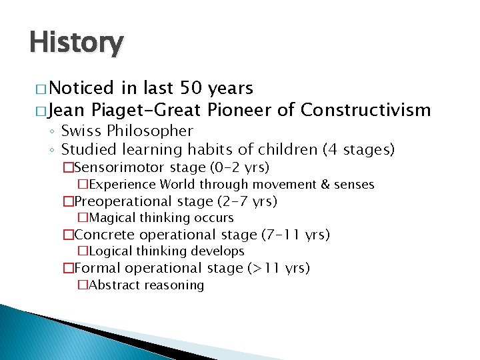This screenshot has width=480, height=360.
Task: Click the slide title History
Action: pos(76,43)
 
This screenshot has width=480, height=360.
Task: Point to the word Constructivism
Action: pos(365,110)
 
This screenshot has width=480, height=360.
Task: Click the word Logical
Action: pos(110,251)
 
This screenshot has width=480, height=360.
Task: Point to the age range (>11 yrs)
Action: pos(278,268)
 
